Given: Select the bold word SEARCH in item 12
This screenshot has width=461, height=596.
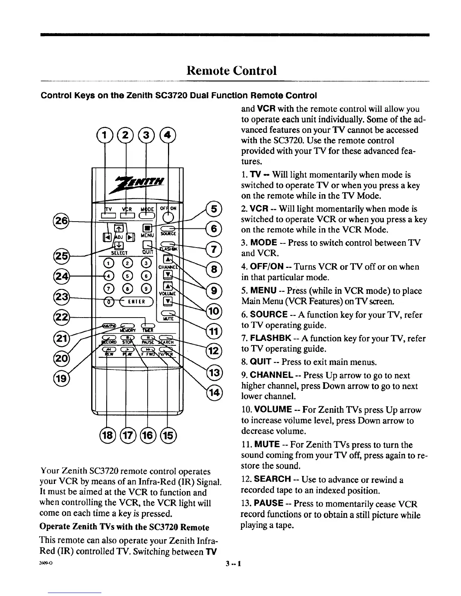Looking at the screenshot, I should click(272, 480).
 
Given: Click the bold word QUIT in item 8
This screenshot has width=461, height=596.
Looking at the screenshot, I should click(261, 362).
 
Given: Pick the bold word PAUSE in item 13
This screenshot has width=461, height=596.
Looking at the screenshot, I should click(269, 503).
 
